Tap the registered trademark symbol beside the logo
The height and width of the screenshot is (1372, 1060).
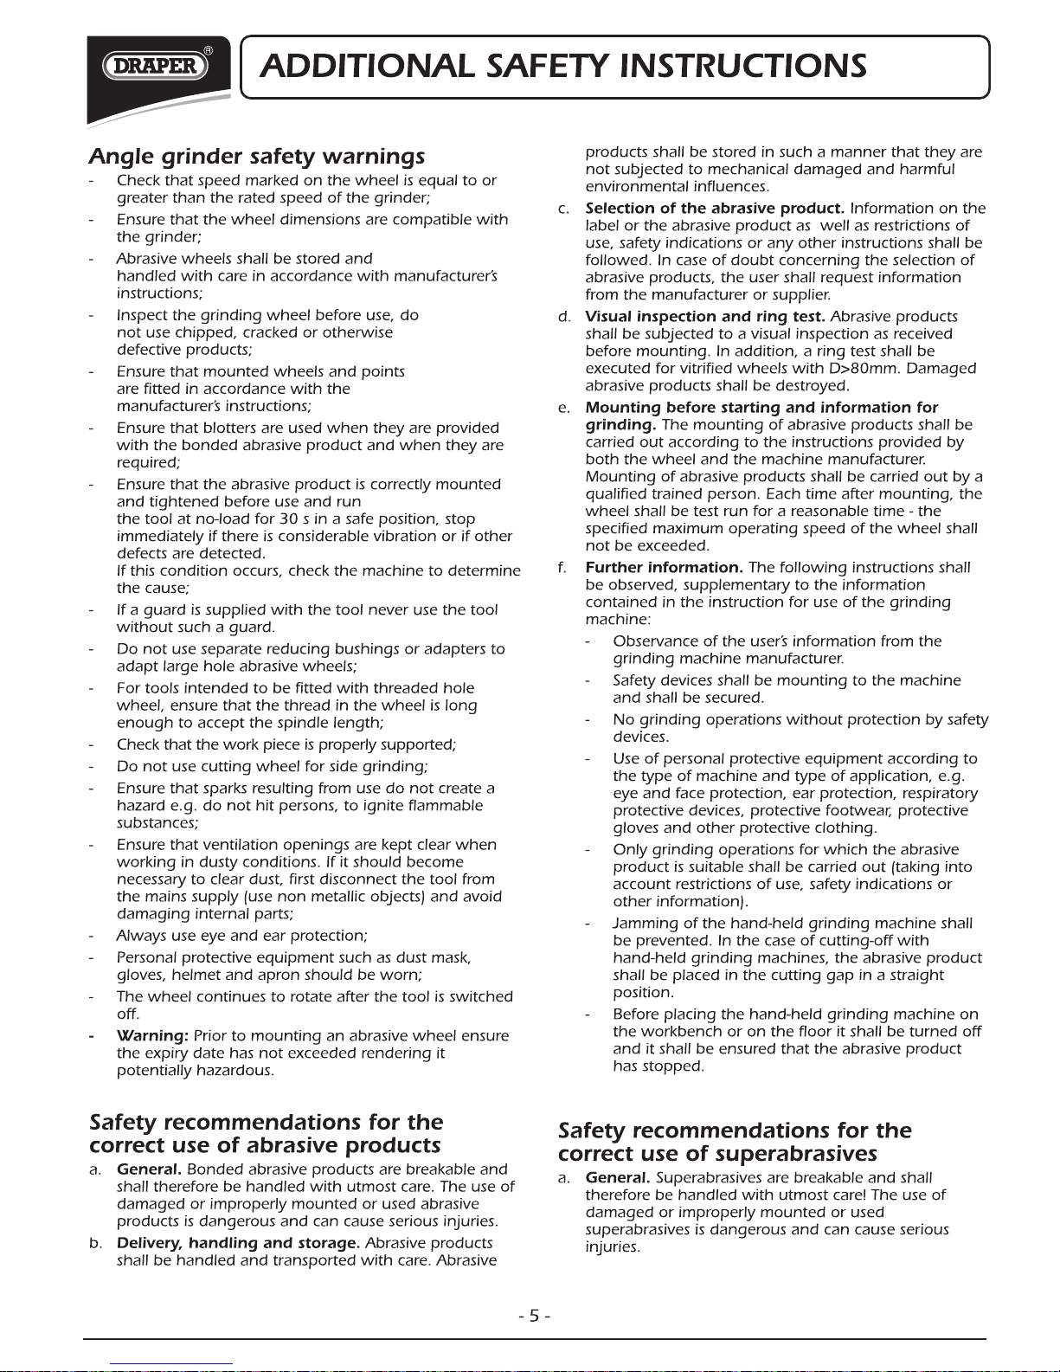pyautogui.click(x=209, y=50)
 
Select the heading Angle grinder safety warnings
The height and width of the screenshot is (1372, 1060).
pyautogui.click(x=257, y=157)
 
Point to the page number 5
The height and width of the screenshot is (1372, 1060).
pyautogui.click(x=534, y=1316)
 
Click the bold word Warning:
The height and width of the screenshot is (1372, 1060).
pyautogui.click(x=152, y=1036)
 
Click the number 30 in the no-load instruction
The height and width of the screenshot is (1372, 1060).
pyautogui.click(x=265, y=519)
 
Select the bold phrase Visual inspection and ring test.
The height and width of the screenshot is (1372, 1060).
pyautogui.click(x=705, y=317)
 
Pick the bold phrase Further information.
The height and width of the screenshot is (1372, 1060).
pyautogui.click(x=664, y=568)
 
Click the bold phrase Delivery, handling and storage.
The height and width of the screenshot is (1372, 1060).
pyautogui.click(x=239, y=1243)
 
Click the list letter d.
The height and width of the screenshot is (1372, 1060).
pyautogui.click(x=564, y=317)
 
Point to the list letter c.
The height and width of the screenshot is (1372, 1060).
pyautogui.click(x=564, y=209)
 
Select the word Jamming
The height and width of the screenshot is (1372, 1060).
pyautogui.click(x=644, y=924)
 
